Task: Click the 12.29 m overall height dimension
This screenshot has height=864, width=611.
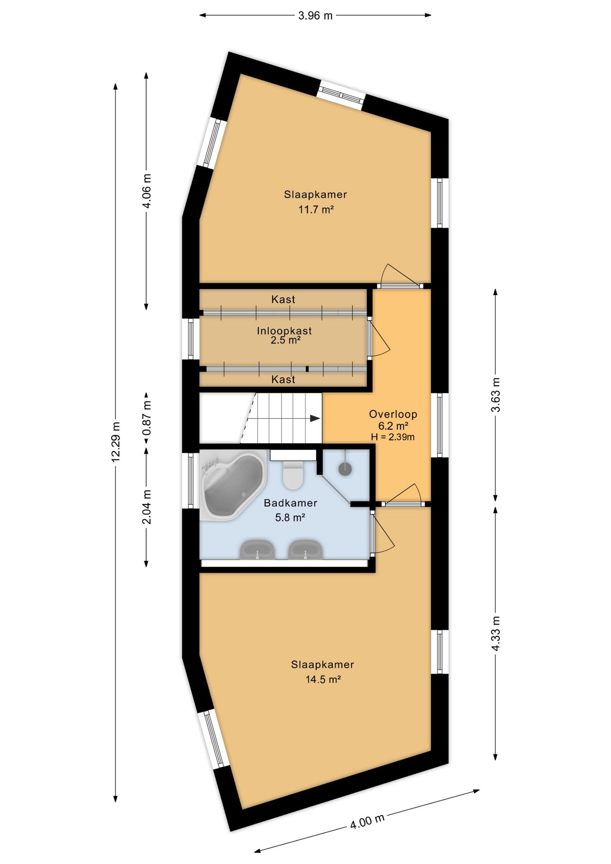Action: coord(116,442)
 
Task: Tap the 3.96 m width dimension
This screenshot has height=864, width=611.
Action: coord(315,15)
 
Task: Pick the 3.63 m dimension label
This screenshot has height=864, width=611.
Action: coord(495,395)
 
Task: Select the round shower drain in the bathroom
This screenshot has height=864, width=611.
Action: coord(345,468)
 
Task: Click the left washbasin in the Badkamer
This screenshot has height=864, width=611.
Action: coord(257,550)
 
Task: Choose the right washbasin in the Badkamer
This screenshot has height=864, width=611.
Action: coord(305,550)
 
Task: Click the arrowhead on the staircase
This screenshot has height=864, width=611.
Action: coord(315,418)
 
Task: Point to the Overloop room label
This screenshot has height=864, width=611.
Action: coord(393,414)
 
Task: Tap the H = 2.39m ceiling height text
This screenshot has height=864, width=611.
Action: coord(393,437)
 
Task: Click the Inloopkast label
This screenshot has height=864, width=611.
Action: coord(284,331)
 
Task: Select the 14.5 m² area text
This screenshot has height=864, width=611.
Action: coord(323,679)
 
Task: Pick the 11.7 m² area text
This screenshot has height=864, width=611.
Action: coord(316,210)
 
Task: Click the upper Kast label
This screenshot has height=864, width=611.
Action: coord(283,299)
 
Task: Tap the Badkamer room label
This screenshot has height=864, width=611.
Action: coord(291,503)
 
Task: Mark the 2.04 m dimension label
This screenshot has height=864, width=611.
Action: coord(147,507)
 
